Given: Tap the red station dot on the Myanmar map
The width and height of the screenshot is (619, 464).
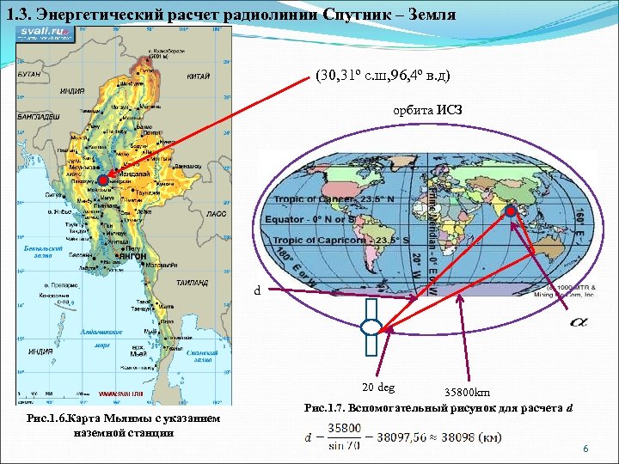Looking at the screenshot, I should (103, 180).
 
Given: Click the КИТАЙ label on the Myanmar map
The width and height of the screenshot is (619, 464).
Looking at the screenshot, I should (199, 76).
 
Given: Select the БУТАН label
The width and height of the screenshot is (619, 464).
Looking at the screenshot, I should (29, 75).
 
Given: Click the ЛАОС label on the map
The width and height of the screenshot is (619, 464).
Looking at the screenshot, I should (217, 212).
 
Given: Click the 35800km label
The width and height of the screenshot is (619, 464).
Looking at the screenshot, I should (467, 393).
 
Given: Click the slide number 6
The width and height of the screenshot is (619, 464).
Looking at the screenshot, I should (585, 449).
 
